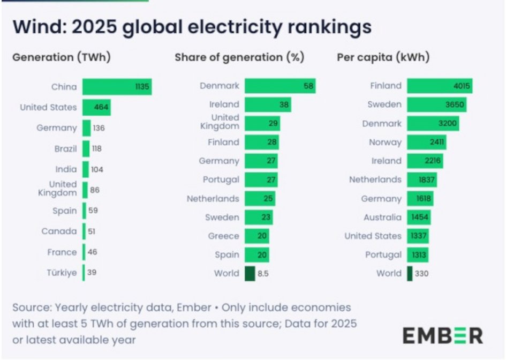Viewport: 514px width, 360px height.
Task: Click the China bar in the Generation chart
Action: point(117,87)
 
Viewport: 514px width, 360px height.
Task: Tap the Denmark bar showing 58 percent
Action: point(279,86)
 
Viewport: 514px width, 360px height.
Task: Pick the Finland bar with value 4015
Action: point(439,86)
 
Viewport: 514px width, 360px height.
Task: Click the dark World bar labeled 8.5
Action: point(250,273)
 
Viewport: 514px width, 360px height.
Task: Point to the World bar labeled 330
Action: point(410,273)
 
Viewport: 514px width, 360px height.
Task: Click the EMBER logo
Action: point(442,336)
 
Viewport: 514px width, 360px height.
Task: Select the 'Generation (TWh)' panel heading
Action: point(61,57)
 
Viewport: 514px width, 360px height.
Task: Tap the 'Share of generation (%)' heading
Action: point(239,57)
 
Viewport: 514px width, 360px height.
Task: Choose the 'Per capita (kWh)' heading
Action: point(383,57)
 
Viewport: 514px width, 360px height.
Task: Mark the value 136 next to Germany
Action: point(99,128)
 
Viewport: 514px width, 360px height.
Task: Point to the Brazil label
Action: point(66,149)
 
